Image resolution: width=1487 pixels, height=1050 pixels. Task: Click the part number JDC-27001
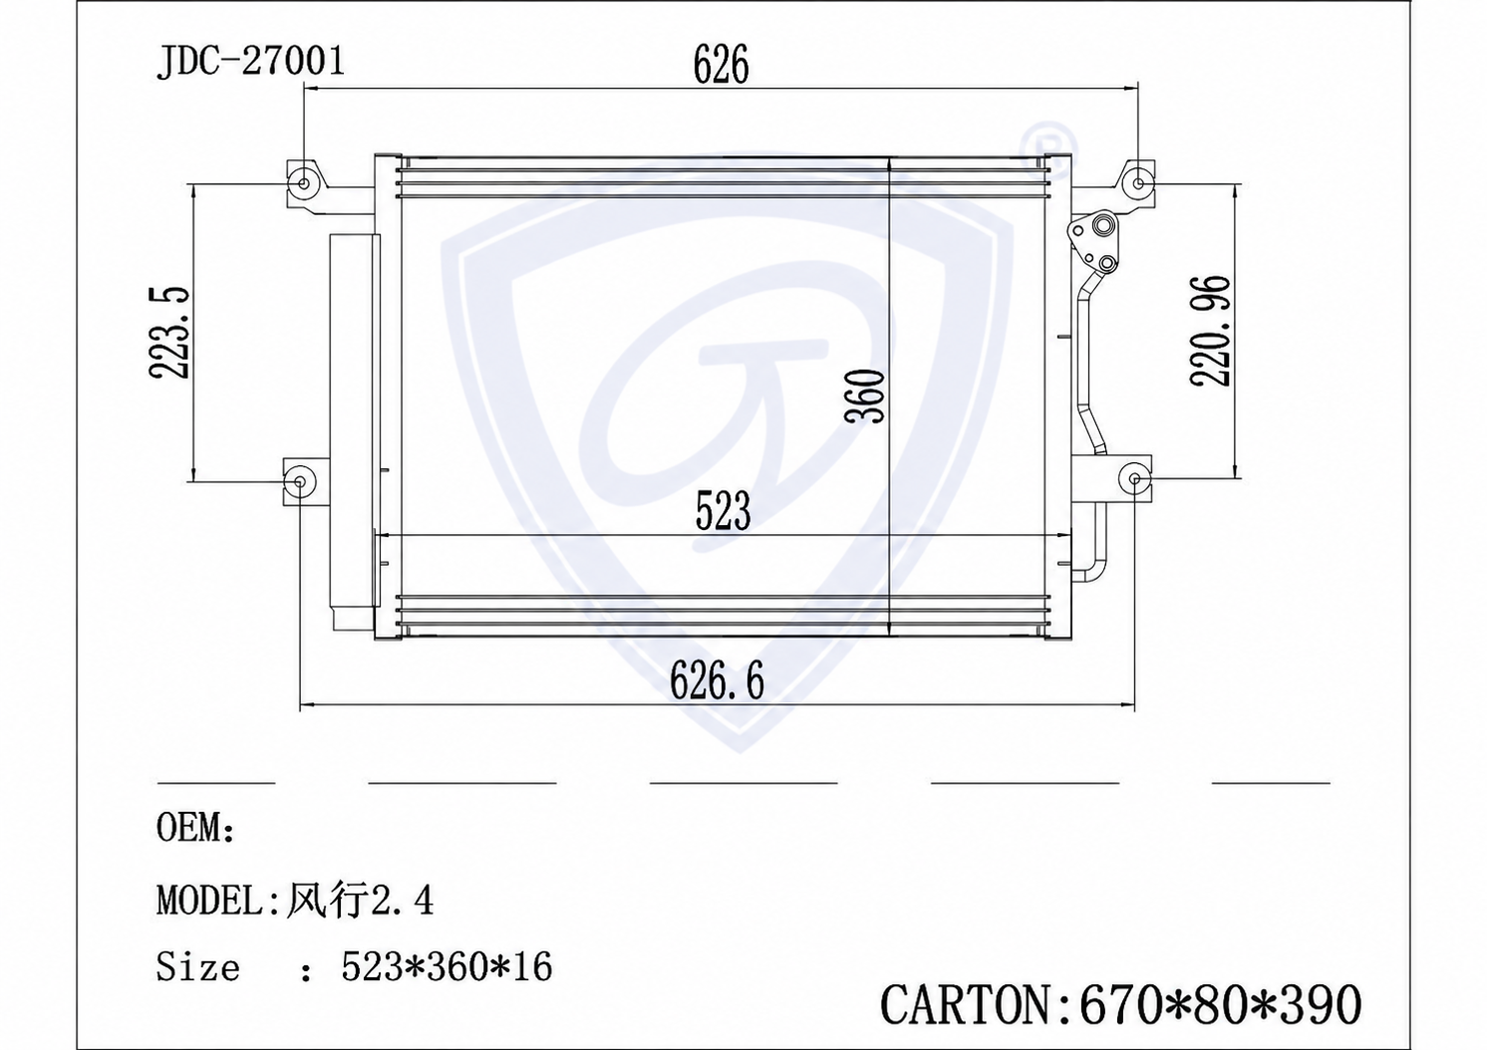point(251,63)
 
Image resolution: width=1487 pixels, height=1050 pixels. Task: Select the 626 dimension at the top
point(721,65)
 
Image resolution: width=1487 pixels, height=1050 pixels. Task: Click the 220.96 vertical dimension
point(1211,331)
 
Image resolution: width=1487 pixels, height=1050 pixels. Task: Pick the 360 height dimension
point(865,396)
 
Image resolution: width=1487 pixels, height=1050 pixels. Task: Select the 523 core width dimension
point(723,511)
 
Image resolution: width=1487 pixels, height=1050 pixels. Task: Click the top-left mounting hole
point(304,183)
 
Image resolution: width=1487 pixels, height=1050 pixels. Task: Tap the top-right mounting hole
point(1139,183)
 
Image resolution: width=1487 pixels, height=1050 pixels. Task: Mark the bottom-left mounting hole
point(300,480)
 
